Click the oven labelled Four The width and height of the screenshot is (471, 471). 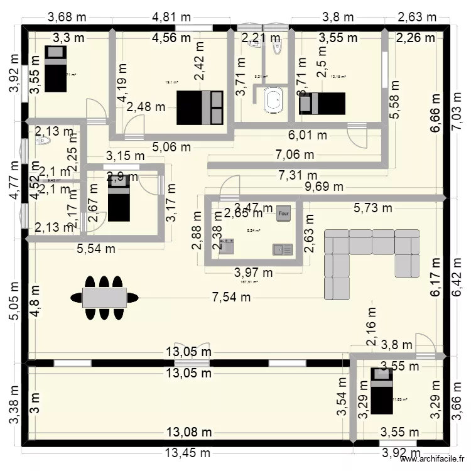pyautogui.click(x=284, y=212)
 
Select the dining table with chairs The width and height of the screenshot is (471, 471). pyautogui.click(x=105, y=296)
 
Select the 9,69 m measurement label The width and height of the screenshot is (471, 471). pyautogui.click(x=325, y=187)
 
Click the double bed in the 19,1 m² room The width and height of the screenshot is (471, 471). pyautogui.click(x=200, y=107)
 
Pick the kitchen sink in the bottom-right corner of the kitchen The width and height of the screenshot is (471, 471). pyautogui.click(x=283, y=249)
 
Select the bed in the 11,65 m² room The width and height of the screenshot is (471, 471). pyautogui.click(x=381, y=391)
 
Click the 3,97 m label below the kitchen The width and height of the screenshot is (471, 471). pyautogui.click(x=254, y=273)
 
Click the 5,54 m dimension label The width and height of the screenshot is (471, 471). pyautogui.click(x=96, y=249)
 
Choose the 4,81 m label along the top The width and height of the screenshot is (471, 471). pyautogui.click(x=173, y=16)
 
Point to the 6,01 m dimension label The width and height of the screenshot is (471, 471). pyautogui.click(x=308, y=135)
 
